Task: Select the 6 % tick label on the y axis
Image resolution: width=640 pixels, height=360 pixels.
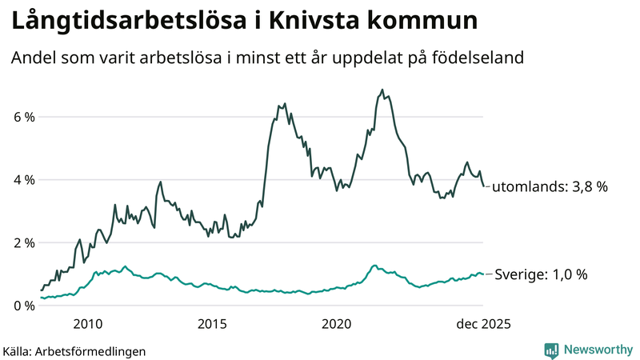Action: (24, 117)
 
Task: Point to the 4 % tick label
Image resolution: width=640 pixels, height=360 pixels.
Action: (24, 180)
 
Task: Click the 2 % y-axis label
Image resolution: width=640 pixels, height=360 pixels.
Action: (24, 242)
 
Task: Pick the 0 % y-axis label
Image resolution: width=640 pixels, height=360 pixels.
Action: (24, 306)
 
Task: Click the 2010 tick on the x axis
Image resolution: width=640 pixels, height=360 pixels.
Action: (88, 324)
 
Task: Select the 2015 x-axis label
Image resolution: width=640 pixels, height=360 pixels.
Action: (212, 324)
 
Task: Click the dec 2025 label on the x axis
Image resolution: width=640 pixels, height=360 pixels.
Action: (482, 324)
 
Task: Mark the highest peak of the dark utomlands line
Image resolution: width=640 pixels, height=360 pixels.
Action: (382, 90)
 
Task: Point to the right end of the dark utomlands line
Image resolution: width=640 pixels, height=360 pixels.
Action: (483, 186)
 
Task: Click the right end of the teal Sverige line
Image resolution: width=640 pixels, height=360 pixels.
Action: (483, 274)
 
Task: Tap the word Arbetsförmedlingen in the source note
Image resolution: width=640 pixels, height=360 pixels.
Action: (92, 350)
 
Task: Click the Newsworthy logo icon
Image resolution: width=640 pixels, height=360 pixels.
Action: (551, 350)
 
